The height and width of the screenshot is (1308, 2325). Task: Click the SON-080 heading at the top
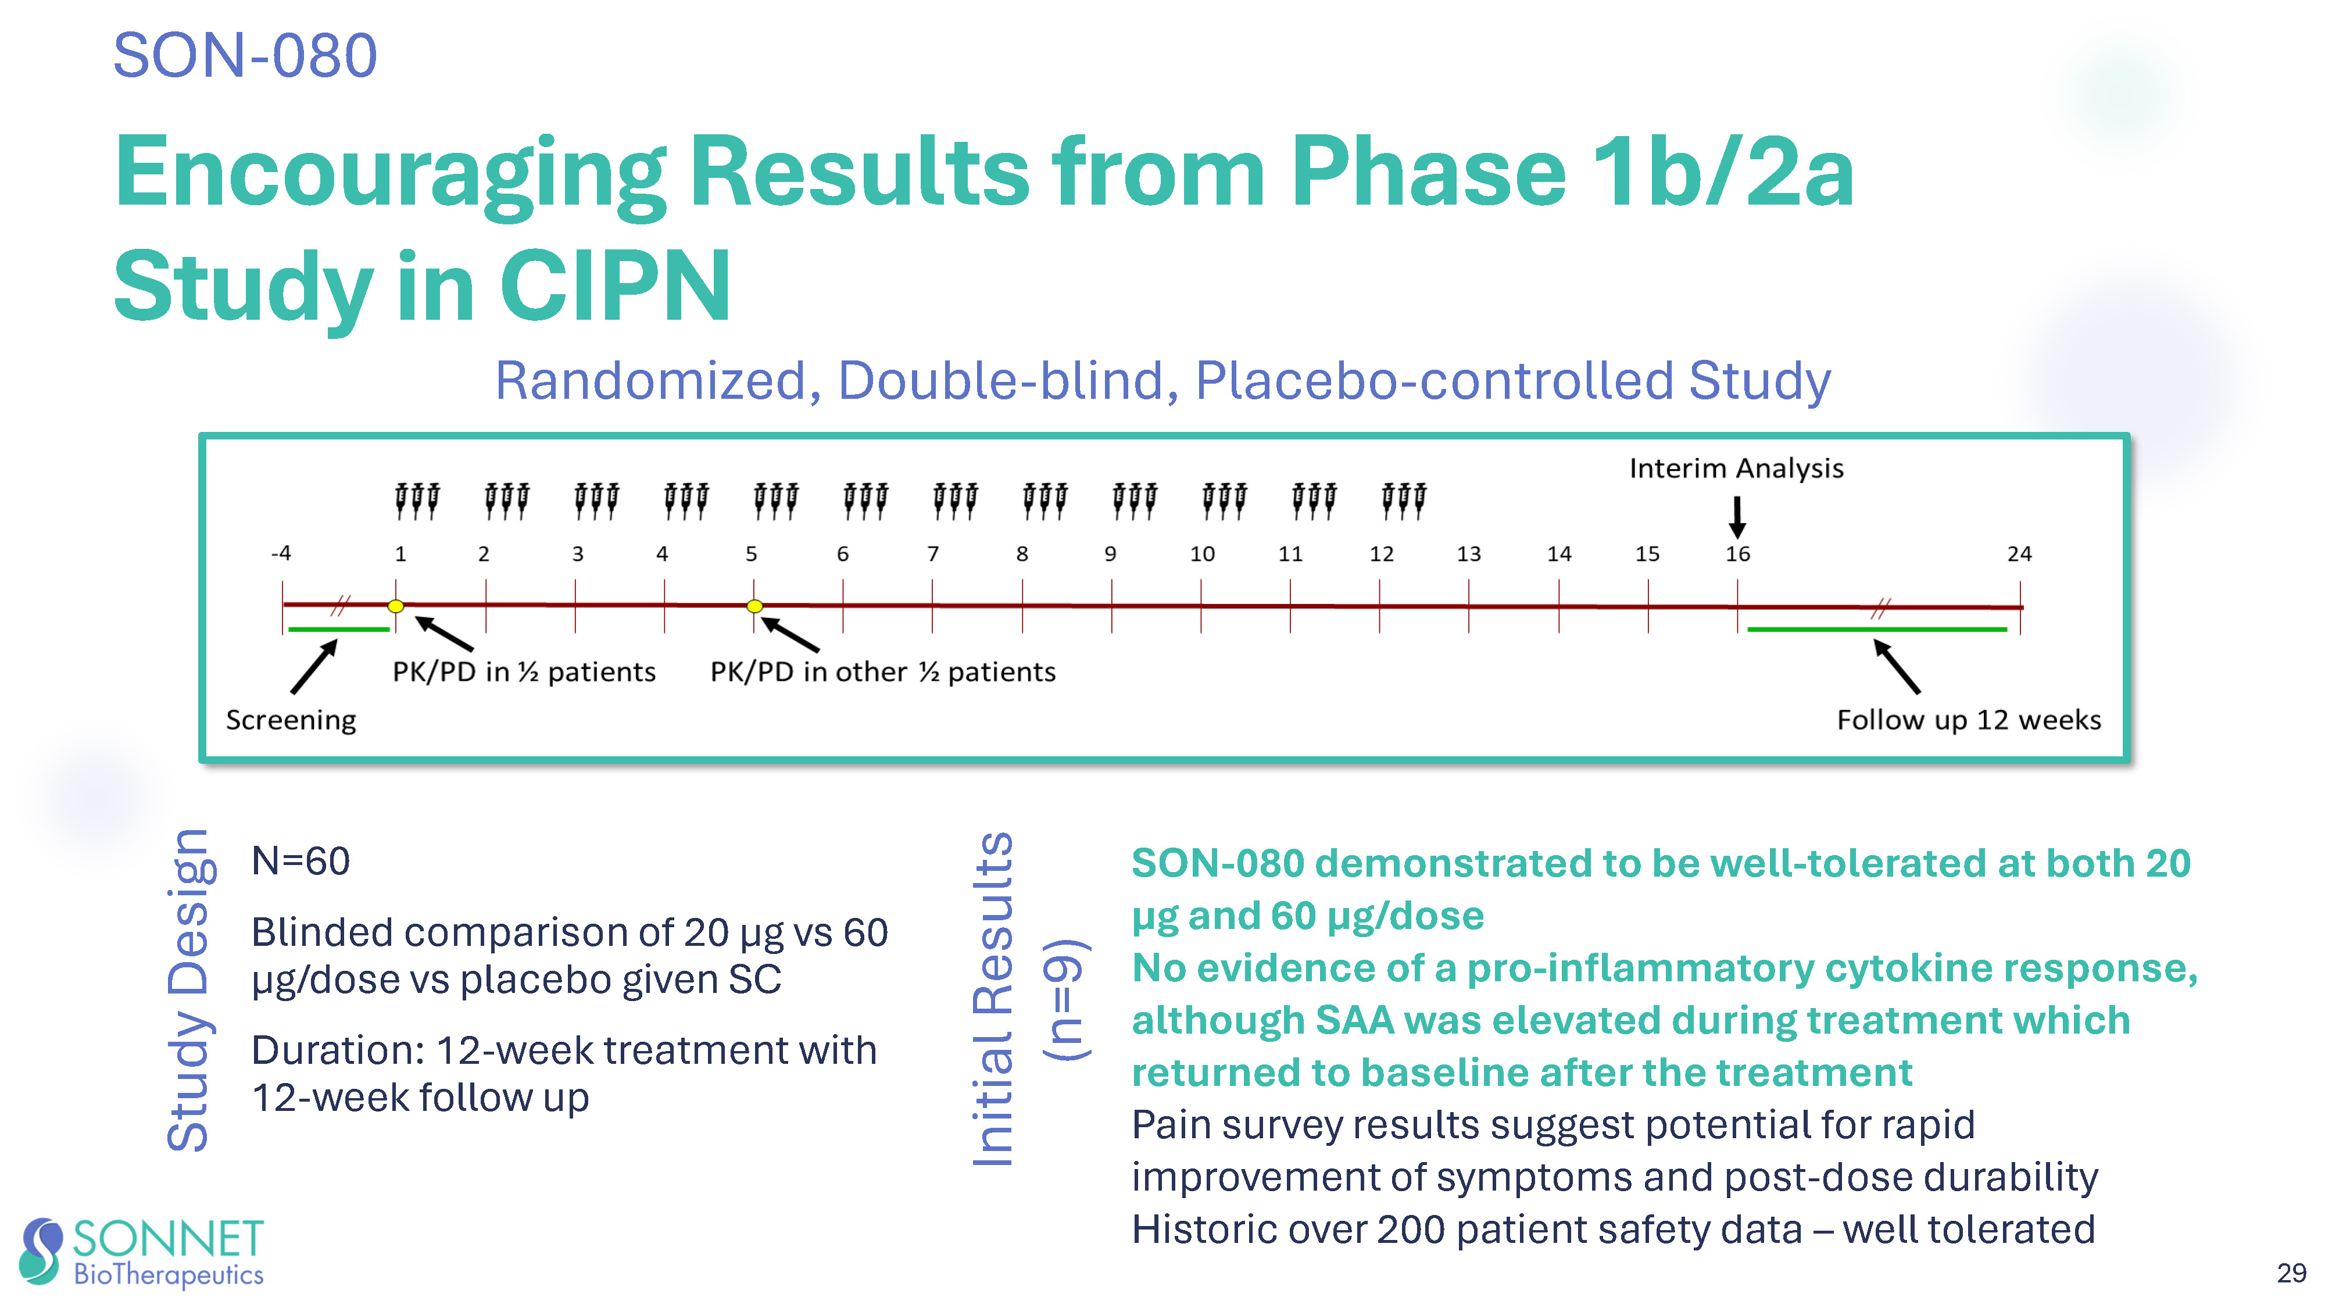[245, 55]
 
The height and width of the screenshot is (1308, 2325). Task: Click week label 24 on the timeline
[2019, 553]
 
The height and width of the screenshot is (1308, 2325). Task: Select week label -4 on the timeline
[281, 552]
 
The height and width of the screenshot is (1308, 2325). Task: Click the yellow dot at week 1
[395, 606]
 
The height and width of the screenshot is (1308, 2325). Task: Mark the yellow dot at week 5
[754, 606]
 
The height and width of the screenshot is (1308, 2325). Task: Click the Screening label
[291, 720]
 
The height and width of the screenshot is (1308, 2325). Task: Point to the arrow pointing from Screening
[314, 666]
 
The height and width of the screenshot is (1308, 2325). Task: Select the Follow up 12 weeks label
[1969, 720]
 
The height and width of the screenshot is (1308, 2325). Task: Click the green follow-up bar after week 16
[1877, 629]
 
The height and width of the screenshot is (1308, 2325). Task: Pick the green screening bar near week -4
[338, 628]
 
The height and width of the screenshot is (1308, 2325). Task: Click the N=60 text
[301, 860]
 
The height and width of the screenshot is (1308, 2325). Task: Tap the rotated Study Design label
[189, 989]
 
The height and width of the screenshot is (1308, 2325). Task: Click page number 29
[2291, 1273]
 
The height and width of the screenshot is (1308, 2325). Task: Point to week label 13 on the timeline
[1468, 553]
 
